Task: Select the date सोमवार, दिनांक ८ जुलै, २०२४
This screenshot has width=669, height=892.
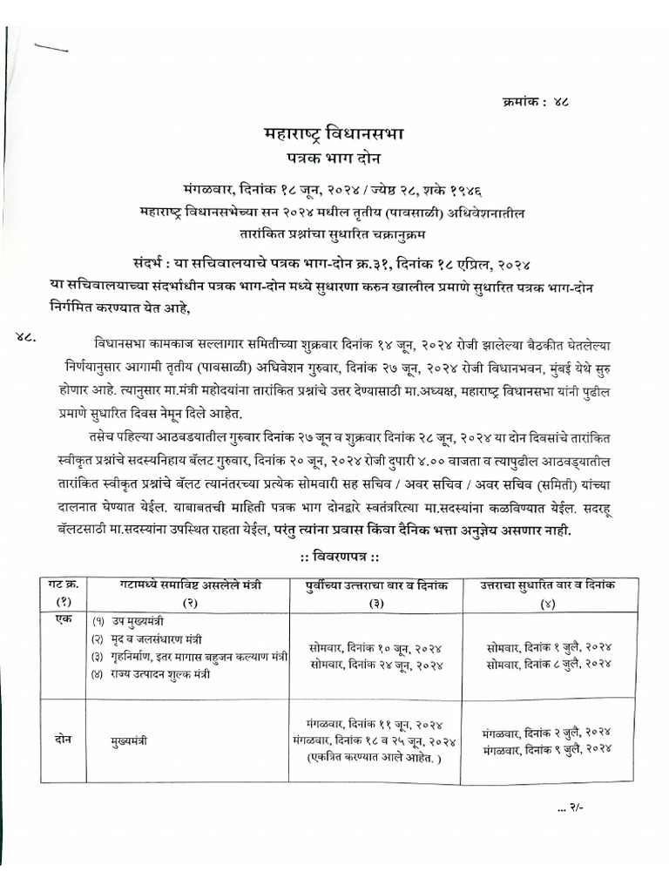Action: click(549, 664)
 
